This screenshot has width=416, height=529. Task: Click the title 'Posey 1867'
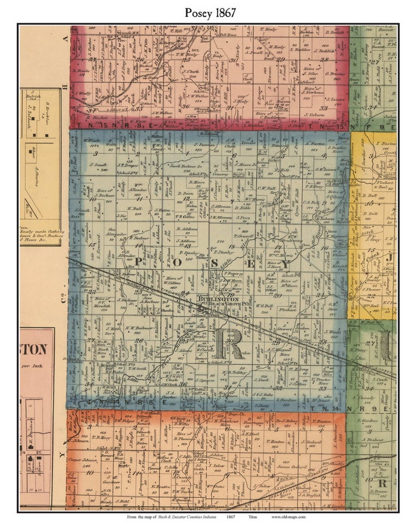(x=208, y=13)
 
